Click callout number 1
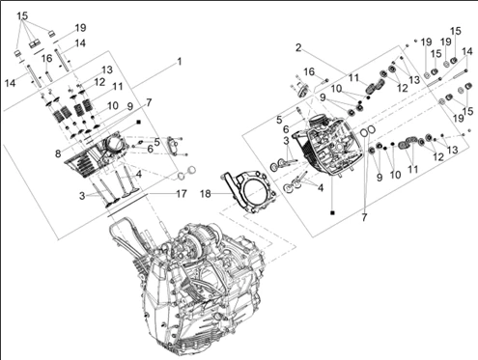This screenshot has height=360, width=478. tap(180, 62)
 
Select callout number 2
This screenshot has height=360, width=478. tap(298, 48)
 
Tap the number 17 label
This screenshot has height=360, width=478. tap(182, 194)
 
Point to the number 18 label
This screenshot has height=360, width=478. tap(206, 194)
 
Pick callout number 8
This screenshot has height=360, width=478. tap(58, 153)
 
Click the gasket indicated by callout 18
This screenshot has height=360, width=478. tap(248, 191)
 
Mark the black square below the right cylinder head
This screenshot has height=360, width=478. tap(332, 212)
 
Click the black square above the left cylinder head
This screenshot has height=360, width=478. tap(139, 123)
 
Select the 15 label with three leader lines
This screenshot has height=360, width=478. tap(22, 15)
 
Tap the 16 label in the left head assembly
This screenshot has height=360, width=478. tap(47, 58)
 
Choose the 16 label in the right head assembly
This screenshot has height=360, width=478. tap(309, 71)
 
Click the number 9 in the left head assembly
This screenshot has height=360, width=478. tap(129, 106)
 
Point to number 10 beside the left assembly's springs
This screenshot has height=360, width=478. tap(113, 105)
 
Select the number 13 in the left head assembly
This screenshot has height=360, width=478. tap(107, 69)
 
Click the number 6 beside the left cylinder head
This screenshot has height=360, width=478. tap(150, 149)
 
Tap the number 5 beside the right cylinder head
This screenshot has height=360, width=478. tap(279, 120)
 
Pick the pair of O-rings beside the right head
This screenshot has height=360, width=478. tap(368, 131)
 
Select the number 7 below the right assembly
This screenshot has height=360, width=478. tap(364, 217)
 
